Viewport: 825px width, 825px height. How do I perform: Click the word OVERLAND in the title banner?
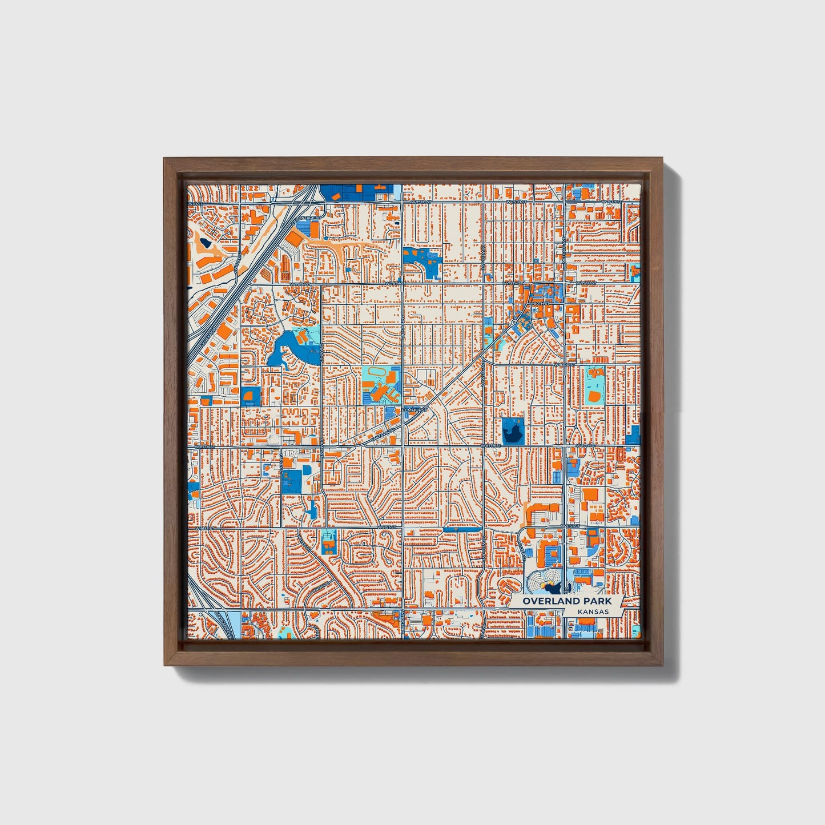pos(543,601)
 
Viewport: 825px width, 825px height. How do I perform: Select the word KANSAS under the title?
pos(592,611)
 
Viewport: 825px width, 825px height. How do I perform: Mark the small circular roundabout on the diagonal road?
pos(515,323)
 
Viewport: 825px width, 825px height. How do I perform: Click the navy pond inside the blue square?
pos(513,431)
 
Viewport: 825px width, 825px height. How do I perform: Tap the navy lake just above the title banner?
pos(552,586)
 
